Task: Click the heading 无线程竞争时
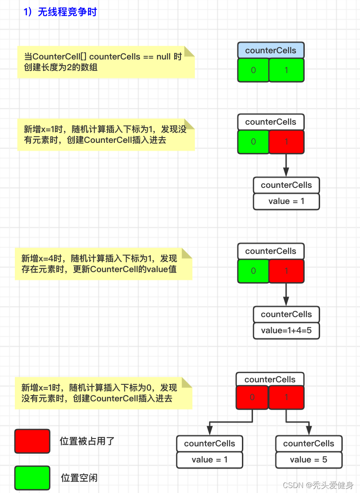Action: (60, 12)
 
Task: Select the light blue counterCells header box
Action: (271, 50)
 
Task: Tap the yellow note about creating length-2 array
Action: (106, 62)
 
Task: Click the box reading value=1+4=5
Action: (286, 330)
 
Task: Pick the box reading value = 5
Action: (308, 460)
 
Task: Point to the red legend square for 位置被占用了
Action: (32, 441)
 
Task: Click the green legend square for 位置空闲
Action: (32, 478)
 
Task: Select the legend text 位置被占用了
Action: (87, 441)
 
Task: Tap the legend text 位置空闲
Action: (79, 478)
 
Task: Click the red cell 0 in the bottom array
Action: (252, 398)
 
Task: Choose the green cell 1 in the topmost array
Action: (287, 70)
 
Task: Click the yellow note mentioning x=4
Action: (103, 264)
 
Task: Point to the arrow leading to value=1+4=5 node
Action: (286, 294)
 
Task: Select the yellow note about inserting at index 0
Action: (103, 393)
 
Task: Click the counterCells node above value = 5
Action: (308, 443)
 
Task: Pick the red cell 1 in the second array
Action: (287, 142)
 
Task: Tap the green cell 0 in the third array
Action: (253, 271)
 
